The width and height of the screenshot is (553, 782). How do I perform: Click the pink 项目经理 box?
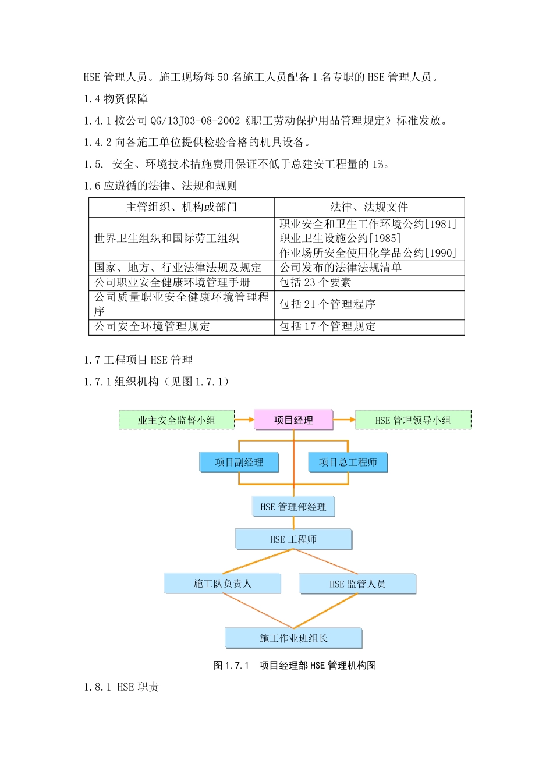coord(293,420)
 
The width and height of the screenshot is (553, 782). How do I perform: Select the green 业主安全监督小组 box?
coord(176,420)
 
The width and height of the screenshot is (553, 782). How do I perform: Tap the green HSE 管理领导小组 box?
coord(413,420)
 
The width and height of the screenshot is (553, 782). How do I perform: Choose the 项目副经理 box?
coord(239,462)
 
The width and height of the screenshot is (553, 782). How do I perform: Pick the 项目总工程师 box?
coord(348,462)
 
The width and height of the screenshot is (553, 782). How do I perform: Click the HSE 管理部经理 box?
coord(293,506)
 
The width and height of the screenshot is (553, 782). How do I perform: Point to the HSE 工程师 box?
coord(293,539)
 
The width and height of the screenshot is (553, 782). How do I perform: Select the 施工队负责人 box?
coord(222,583)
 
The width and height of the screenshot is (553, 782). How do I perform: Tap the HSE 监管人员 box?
coord(357,584)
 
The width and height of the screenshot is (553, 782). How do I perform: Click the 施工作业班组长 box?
coord(293,638)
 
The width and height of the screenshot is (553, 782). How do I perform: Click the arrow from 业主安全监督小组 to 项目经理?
coord(244,420)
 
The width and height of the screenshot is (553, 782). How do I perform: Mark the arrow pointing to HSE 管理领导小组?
coord(345,420)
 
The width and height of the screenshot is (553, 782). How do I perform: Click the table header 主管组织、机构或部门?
coord(182,207)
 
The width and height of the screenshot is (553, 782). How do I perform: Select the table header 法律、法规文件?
coord(369,207)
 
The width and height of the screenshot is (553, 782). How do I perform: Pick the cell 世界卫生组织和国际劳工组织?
coord(167,238)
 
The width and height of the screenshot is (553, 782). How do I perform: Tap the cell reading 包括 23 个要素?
coord(315,282)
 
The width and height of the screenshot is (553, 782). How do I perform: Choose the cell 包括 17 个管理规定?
coord(327,326)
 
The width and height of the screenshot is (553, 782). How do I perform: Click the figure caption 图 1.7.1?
coord(231,665)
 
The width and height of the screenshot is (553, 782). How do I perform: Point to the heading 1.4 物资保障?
coord(116,98)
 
